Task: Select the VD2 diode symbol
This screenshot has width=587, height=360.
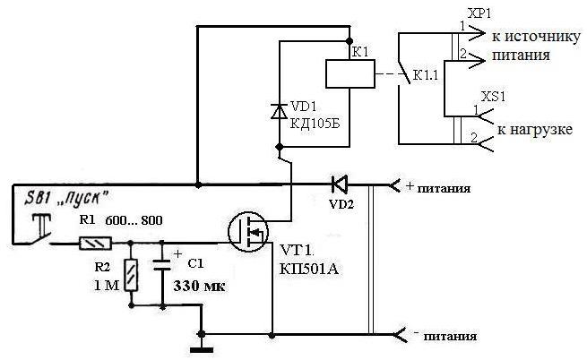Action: click(339, 185)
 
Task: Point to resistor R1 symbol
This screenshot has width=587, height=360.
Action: click(92, 243)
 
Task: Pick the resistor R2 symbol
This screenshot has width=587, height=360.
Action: click(132, 274)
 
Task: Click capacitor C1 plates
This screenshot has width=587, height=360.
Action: click(162, 267)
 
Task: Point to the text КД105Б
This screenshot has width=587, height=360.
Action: click(314, 124)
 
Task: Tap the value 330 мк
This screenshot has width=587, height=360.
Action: click(199, 287)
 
